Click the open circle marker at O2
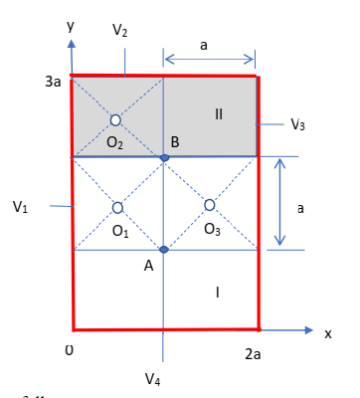(x=115, y=119)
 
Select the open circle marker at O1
(x=118, y=208)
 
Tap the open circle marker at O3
(x=210, y=205)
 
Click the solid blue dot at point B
(x=165, y=157)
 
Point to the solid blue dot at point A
(x=164, y=249)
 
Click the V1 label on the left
(x=21, y=207)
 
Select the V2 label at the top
(x=120, y=31)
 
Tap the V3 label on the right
(x=297, y=124)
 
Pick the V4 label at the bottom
(x=152, y=378)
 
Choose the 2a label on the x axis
(x=255, y=353)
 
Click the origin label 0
(x=69, y=350)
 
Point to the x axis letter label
(x=328, y=333)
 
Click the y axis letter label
(x=71, y=26)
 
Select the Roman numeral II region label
(x=219, y=114)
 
